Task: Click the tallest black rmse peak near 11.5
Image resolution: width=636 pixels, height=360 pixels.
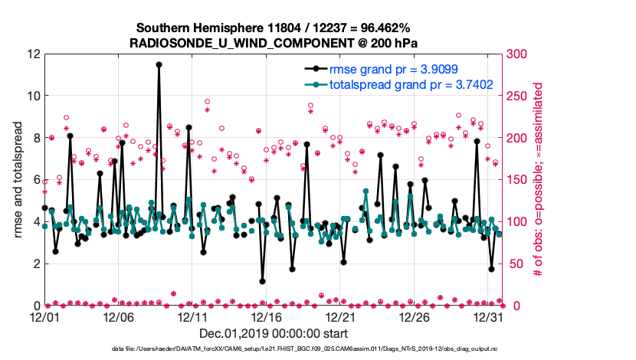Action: coord(159,65)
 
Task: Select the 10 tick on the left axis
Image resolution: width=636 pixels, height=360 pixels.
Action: coord(31,96)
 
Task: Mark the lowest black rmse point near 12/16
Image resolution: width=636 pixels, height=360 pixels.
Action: coord(262,281)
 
